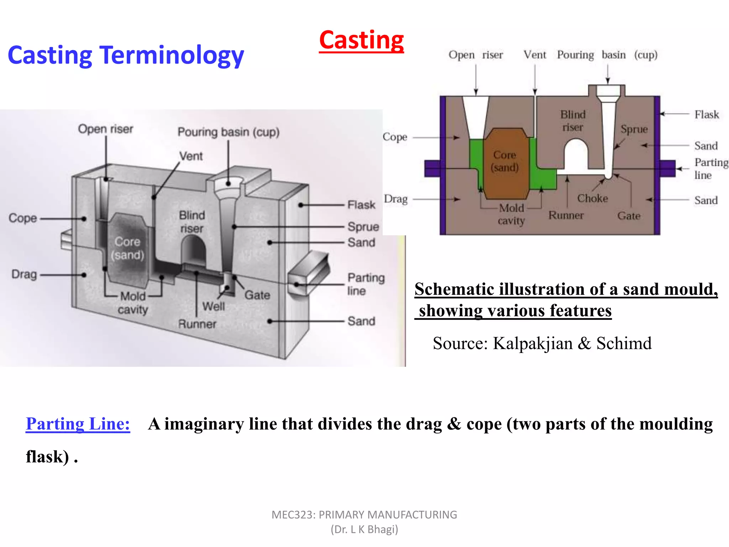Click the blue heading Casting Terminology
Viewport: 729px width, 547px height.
[x=126, y=56]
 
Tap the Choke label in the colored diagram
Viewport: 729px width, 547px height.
[x=592, y=198]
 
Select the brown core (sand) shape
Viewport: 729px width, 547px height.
[x=504, y=164]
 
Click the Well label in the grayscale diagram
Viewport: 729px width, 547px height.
[x=214, y=306]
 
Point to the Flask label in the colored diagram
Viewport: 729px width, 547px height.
[x=707, y=114]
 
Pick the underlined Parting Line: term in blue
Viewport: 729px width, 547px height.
[x=78, y=424]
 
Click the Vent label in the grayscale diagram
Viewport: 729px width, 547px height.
[x=191, y=156]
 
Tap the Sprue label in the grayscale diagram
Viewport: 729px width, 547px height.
[x=363, y=226]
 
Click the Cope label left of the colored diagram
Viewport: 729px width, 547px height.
[x=395, y=137]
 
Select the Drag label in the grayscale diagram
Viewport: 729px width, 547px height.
[x=24, y=274]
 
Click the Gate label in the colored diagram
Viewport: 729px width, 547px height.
[x=629, y=216]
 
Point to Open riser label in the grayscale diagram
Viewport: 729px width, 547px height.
[x=105, y=129]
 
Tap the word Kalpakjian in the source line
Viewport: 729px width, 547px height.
[x=533, y=344]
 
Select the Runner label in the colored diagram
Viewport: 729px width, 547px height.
[x=566, y=215]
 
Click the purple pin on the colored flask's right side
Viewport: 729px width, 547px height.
[x=668, y=168]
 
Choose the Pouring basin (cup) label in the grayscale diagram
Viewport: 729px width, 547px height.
[x=228, y=132]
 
